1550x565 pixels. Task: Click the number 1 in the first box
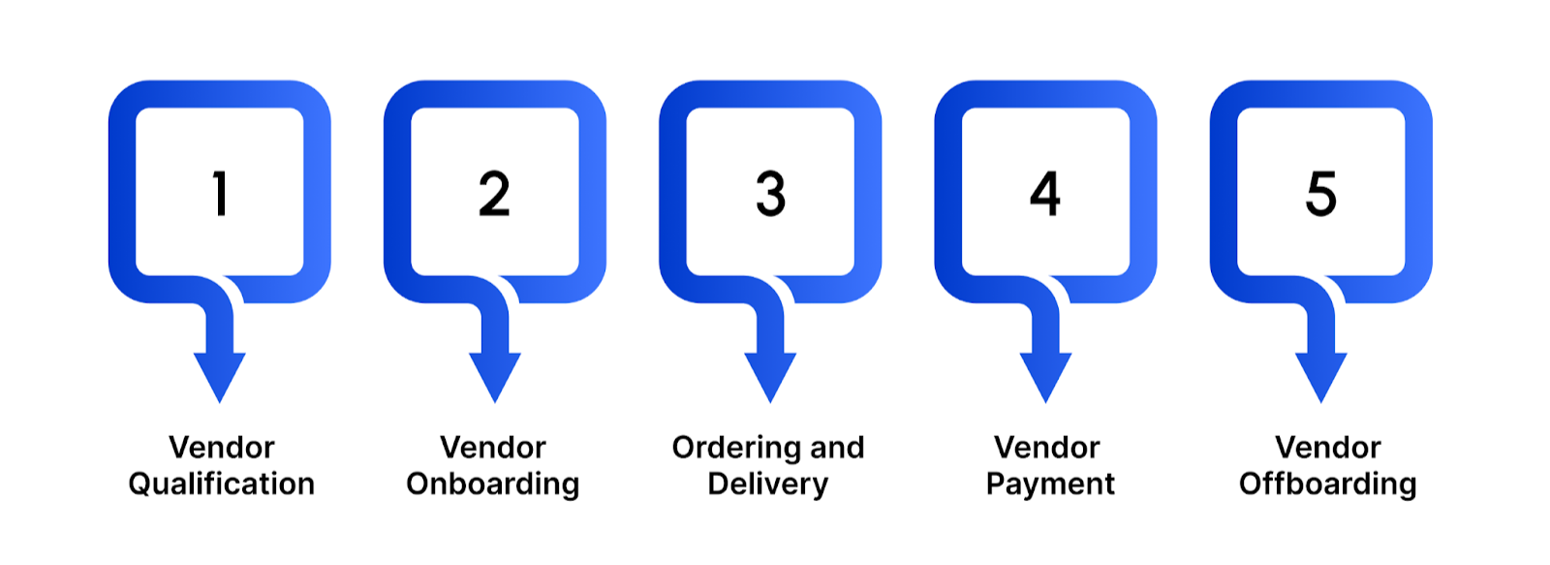coord(220,193)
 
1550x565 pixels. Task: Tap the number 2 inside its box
coord(494,193)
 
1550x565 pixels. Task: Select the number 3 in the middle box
coord(770,193)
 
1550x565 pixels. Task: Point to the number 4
coord(1045,193)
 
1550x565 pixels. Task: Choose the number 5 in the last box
coord(1320,193)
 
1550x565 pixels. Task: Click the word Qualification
coord(221,484)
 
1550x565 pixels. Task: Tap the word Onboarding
coord(492,484)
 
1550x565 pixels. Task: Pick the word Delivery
coord(768,484)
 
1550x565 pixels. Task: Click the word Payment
coord(1050,484)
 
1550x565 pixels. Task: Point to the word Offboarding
coord(1327,484)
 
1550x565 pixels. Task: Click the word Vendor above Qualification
coord(221,447)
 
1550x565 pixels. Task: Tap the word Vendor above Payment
coord(1046,447)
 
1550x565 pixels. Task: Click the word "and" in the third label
coord(837,447)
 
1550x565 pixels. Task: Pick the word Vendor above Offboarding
coord(1327,447)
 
